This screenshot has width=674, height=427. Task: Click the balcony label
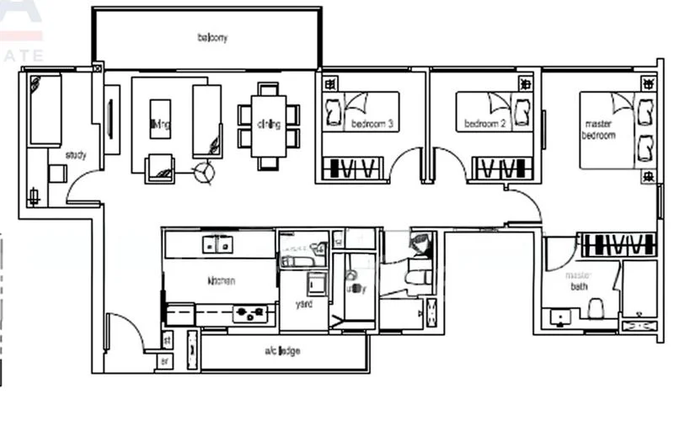click(212, 38)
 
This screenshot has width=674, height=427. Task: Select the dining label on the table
click(269, 125)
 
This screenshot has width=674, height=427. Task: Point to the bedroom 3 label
click(372, 125)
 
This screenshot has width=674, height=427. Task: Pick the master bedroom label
click(599, 130)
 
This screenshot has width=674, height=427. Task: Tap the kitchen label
click(220, 280)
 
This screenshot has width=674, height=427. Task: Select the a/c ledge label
click(282, 350)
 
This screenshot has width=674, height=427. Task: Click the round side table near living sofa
click(203, 173)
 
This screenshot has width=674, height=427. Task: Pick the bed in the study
click(45, 109)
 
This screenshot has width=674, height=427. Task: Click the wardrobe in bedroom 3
click(352, 168)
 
